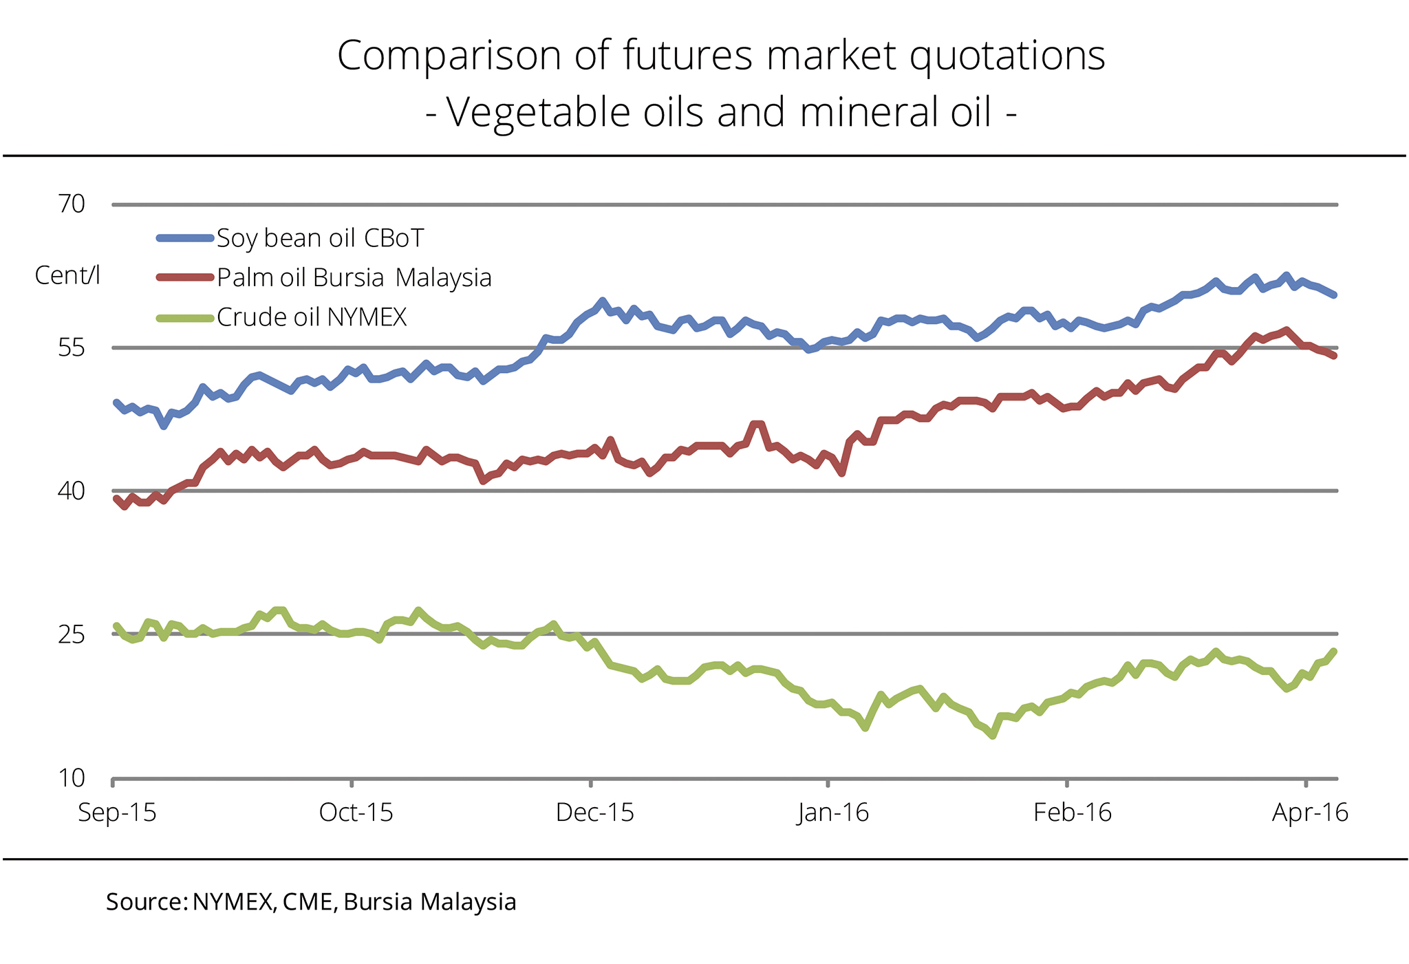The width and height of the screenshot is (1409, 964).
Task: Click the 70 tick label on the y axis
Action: [72, 204]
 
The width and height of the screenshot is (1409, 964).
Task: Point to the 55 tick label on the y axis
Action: [72, 348]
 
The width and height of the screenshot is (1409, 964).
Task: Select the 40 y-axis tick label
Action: [72, 491]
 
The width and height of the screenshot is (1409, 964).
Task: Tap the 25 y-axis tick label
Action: [72, 634]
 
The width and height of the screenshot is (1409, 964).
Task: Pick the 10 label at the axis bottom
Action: [72, 778]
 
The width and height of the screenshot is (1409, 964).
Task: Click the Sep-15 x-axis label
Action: [117, 813]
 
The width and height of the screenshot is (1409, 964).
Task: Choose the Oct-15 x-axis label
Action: [356, 813]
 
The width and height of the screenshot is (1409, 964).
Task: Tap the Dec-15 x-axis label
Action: [594, 813]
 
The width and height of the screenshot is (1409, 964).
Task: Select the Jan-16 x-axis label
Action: [833, 813]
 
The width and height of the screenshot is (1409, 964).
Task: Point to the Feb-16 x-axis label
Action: [1072, 813]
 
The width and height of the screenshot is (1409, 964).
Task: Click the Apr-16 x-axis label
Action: [1310, 813]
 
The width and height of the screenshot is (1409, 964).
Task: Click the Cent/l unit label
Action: [67, 275]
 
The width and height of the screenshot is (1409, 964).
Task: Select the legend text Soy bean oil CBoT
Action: [320, 239]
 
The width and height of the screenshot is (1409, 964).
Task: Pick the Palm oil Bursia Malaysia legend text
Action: [354, 278]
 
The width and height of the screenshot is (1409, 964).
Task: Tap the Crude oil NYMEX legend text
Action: [312, 317]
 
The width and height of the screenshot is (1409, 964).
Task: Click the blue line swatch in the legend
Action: [184, 238]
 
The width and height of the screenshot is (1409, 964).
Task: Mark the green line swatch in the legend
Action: [184, 317]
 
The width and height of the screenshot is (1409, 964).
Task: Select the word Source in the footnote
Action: [144, 901]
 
